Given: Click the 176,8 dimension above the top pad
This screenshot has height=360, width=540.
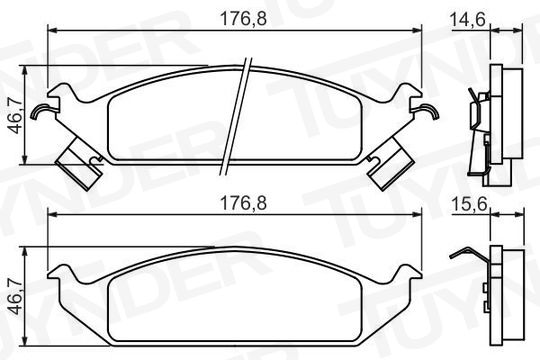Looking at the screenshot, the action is point(243,19).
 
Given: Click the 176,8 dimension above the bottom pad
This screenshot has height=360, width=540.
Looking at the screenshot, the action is point(243,203).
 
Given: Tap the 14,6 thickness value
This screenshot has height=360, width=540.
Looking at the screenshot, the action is point(468,19).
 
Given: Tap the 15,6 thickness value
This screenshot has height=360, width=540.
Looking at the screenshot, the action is point(469,205).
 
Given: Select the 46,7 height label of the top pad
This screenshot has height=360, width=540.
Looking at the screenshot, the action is point(15,115).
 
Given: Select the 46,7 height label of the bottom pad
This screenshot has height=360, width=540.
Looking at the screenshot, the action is point(15,297).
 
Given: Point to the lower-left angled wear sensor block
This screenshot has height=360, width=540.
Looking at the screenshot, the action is point(80,162).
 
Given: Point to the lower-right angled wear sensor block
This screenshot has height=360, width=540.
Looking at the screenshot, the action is point(390,163).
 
